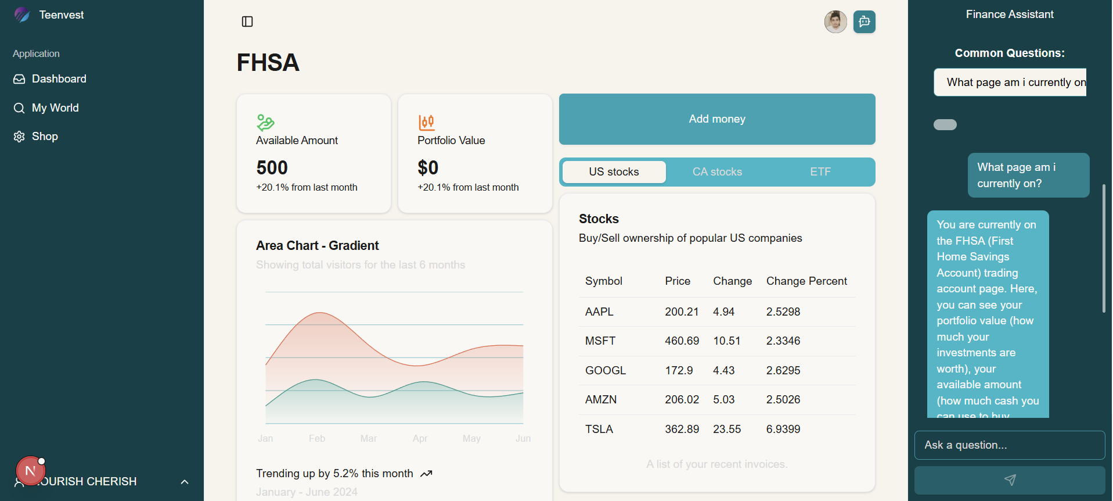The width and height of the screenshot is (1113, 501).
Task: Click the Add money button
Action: pos(716,119)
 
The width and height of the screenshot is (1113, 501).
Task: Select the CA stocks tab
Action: pos(717,172)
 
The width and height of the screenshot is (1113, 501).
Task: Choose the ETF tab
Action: pos(820,172)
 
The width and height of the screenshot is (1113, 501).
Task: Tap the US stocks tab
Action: pos(614,172)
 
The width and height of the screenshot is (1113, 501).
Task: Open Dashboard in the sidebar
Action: pos(59,79)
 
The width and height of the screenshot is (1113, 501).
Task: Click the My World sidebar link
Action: pos(55,108)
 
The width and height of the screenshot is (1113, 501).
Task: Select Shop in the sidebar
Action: pos(45,137)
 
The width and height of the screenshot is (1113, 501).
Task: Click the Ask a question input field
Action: pos(1009,445)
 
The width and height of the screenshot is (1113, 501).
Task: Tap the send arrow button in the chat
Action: pos(1009,480)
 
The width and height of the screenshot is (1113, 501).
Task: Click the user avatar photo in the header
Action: pos(835,22)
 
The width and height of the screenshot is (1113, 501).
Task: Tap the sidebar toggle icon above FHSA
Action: pos(247,22)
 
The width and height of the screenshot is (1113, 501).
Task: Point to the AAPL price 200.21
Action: pos(682,312)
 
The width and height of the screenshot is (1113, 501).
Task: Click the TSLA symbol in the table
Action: pos(599,430)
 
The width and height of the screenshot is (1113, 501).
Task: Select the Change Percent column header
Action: pos(806,281)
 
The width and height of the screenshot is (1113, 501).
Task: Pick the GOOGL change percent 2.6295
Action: pos(783,371)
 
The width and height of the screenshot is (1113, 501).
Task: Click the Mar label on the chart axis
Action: pos(369,439)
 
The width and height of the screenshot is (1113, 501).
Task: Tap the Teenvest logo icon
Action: pos(22,15)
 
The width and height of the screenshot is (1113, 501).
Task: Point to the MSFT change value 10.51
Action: pos(726,341)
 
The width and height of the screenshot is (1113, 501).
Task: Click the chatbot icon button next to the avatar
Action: pos(864,22)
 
